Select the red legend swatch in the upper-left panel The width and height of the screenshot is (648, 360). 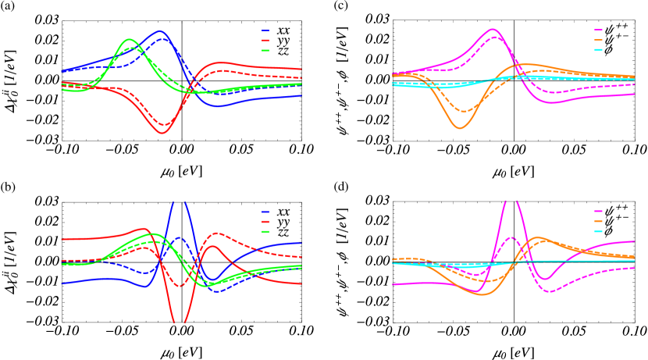[x=265, y=41]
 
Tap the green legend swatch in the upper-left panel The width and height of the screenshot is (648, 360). [x=265, y=50]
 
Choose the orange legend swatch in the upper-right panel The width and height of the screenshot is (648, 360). [x=598, y=41]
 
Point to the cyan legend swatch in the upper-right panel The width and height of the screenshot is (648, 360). [x=598, y=50]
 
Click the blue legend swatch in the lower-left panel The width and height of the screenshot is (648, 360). [x=265, y=212]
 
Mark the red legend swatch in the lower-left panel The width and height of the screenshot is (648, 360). [x=265, y=222]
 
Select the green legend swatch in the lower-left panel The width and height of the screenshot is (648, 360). [x=265, y=231]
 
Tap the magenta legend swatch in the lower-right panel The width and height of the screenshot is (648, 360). [x=598, y=212]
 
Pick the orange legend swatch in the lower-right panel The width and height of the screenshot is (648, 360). [x=598, y=222]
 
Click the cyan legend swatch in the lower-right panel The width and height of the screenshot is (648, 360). [x=598, y=231]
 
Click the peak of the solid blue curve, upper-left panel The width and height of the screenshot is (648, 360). [x=160, y=32]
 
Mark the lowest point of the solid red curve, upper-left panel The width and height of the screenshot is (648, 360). [x=162, y=133]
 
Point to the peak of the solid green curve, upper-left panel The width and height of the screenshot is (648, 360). [x=130, y=39]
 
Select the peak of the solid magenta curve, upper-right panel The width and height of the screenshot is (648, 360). [x=493, y=29]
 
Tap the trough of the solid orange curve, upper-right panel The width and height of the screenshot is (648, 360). [x=461, y=127]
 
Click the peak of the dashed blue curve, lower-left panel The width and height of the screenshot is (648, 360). [x=180, y=237]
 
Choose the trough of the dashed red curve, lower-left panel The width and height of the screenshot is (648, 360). [x=180, y=286]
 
